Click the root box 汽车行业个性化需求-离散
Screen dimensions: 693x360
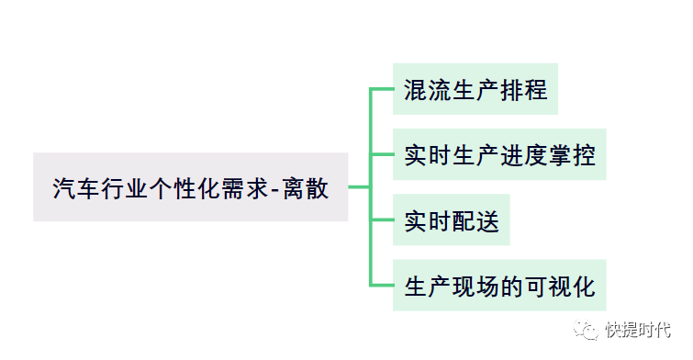point(191,187)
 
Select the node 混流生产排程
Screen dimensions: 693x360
point(475,89)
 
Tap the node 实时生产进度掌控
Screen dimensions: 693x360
point(499,154)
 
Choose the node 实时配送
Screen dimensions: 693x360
point(452,219)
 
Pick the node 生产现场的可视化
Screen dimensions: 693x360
point(499,286)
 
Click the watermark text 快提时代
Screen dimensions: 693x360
point(638,330)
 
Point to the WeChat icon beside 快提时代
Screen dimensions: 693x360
point(586,330)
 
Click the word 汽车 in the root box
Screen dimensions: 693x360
point(76,188)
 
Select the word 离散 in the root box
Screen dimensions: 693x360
point(306,188)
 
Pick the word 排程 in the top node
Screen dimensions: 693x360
point(524,90)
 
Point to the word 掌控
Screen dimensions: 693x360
point(573,155)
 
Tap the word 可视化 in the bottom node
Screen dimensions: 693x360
point(561,287)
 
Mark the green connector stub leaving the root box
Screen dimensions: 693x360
point(359,187)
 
